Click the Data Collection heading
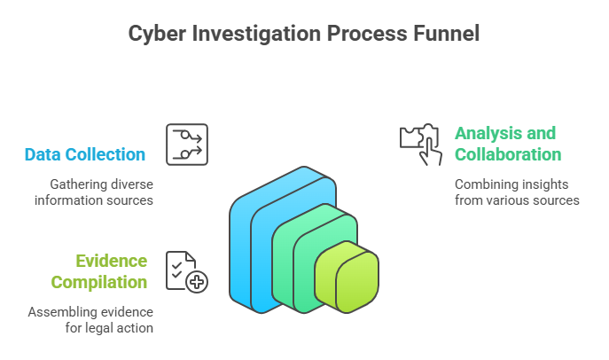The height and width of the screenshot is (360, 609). tap(85, 154)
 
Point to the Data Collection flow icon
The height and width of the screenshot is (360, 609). tap(187, 145)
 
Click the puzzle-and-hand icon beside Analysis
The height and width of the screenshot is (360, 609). tap(420, 143)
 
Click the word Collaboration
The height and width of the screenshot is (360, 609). tap(508, 154)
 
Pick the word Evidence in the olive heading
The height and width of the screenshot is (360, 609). tap(111, 261)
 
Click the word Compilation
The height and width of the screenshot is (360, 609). tap(98, 282)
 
